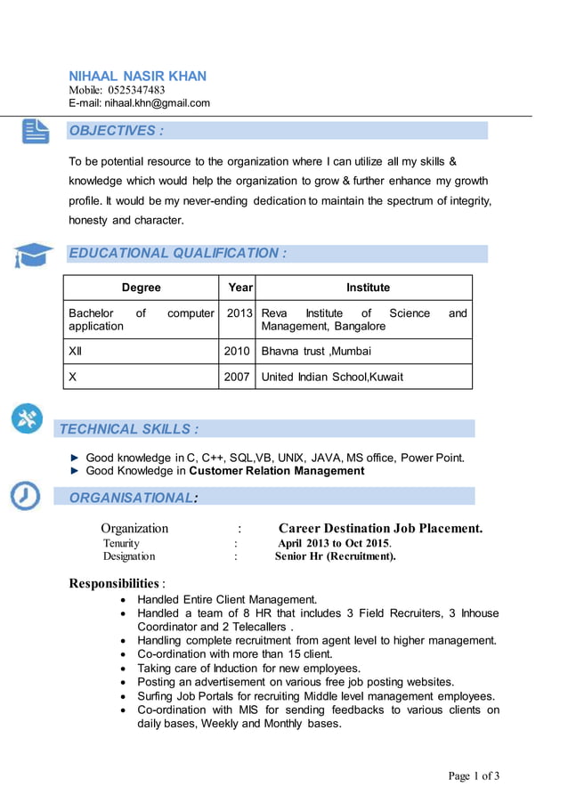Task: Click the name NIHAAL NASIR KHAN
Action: click(137, 76)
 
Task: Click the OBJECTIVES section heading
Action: click(116, 131)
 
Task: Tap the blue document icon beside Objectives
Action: click(36, 131)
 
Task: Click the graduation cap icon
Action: click(33, 255)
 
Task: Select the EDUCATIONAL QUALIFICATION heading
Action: click(177, 253)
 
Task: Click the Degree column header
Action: click(141, 288)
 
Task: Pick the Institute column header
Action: click(368, 288)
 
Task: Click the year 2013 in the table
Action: click(237, 313)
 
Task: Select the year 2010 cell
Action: click(237, 351)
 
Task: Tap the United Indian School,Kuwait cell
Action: click(332, 377)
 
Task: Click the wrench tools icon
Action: click(27, 418)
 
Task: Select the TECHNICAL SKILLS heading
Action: click(128, 429)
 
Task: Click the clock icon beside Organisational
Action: click(25, 495)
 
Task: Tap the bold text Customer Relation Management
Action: click(277, 471)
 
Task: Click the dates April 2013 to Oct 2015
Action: click(335, 543)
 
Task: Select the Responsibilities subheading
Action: click(114, 583)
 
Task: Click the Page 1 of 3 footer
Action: click(474, 776)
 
